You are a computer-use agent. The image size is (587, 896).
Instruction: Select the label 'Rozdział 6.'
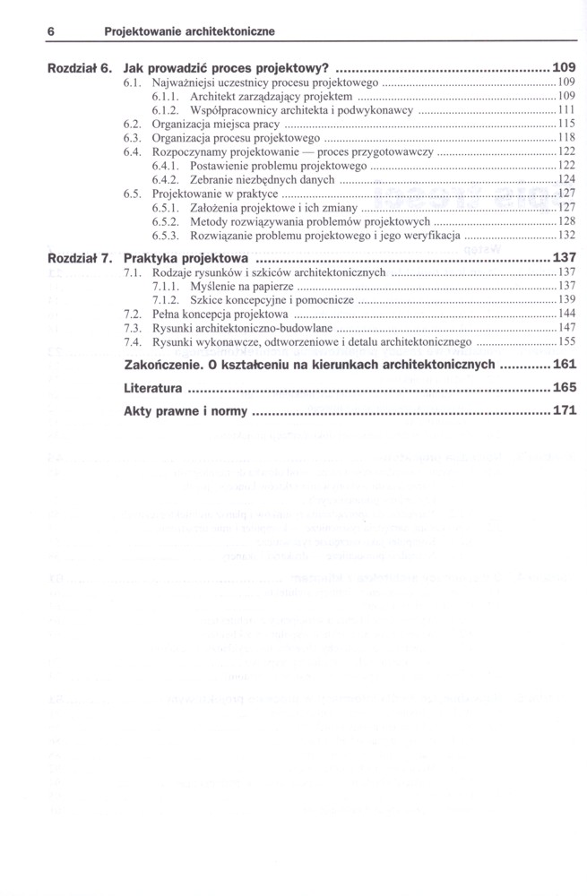80,67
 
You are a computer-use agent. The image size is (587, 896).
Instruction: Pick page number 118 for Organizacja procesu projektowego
565,138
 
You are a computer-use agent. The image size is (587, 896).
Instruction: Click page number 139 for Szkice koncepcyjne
565,299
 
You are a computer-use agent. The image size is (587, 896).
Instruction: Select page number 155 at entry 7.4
565,341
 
